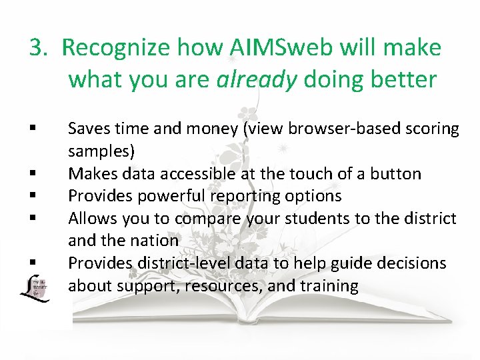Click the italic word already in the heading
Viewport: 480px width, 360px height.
[257, 79]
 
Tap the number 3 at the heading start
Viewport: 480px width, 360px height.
[36, 48]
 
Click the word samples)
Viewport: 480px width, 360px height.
[101, 151]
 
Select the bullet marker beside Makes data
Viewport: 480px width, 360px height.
[31, 175]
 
